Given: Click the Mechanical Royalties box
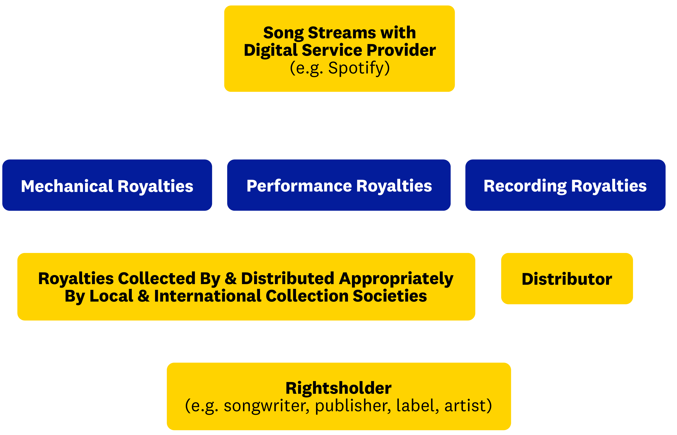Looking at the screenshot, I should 107,185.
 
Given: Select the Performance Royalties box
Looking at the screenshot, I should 338,185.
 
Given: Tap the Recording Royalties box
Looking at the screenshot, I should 565,185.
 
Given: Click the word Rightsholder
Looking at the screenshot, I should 338,388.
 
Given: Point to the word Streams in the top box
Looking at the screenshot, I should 342,33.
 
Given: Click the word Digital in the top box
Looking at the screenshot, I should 271,50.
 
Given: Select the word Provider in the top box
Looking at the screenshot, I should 401,50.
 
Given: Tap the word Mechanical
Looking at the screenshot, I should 67,186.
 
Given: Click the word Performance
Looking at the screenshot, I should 299,186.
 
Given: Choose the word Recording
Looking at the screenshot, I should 525,186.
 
